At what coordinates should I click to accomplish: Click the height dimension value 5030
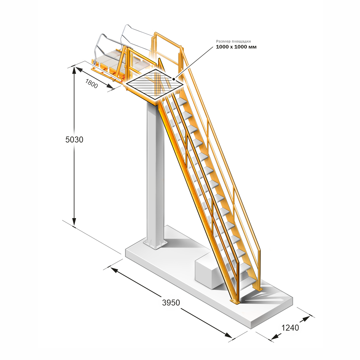pyautogui.click(x=74, y=139)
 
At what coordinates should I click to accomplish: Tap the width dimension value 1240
pyautogui.click(x=290, y=328)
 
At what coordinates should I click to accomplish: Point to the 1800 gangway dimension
pyautogui.click(x=91, y=83)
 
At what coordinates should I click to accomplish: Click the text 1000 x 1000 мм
pyautogui.click(x=236, y=47)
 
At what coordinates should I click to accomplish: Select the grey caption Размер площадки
pyautogui.click(x=233, y=41)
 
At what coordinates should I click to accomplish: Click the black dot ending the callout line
pyautogui.click(x=174, y=79)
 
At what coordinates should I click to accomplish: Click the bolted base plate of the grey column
pyautogui.click(x=155, y=244)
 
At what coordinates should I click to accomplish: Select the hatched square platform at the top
pyautogui.click(x=155, y=84)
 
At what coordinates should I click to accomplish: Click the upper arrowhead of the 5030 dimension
pyautogui.click(x=74, y=70)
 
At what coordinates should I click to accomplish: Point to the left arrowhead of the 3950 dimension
pyautogui.click(x=114, y=270)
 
